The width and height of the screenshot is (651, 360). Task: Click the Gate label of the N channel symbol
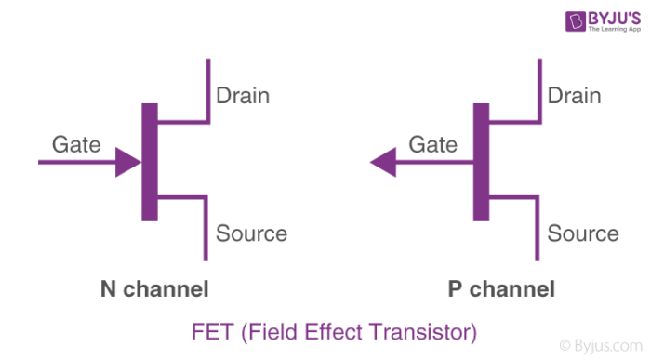pyautogui.click(x=76, y=144)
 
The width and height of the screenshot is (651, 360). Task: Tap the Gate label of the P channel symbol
pyautogui.click(x=433, y=144)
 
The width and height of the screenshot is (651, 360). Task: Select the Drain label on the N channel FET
pyautogui.click(x=244, y=95)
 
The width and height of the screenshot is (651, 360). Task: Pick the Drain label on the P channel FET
pyautogui.click(x=574, y=95)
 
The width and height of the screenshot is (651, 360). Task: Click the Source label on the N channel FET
pyautogui.click(x=251, y=233)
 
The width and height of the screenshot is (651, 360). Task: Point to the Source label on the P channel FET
pyautogui.click(x=582, y=233)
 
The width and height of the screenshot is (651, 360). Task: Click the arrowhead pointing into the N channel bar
pyautogui.click(x=127, y=163)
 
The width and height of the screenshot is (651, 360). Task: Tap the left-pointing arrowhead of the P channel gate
pyautogui.click(x=382, y=163)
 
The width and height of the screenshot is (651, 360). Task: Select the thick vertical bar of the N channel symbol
pyautogui.click(x=149, y=163)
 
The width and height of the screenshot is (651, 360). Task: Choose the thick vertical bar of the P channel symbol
pyautogui.click(x=480, y=163)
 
